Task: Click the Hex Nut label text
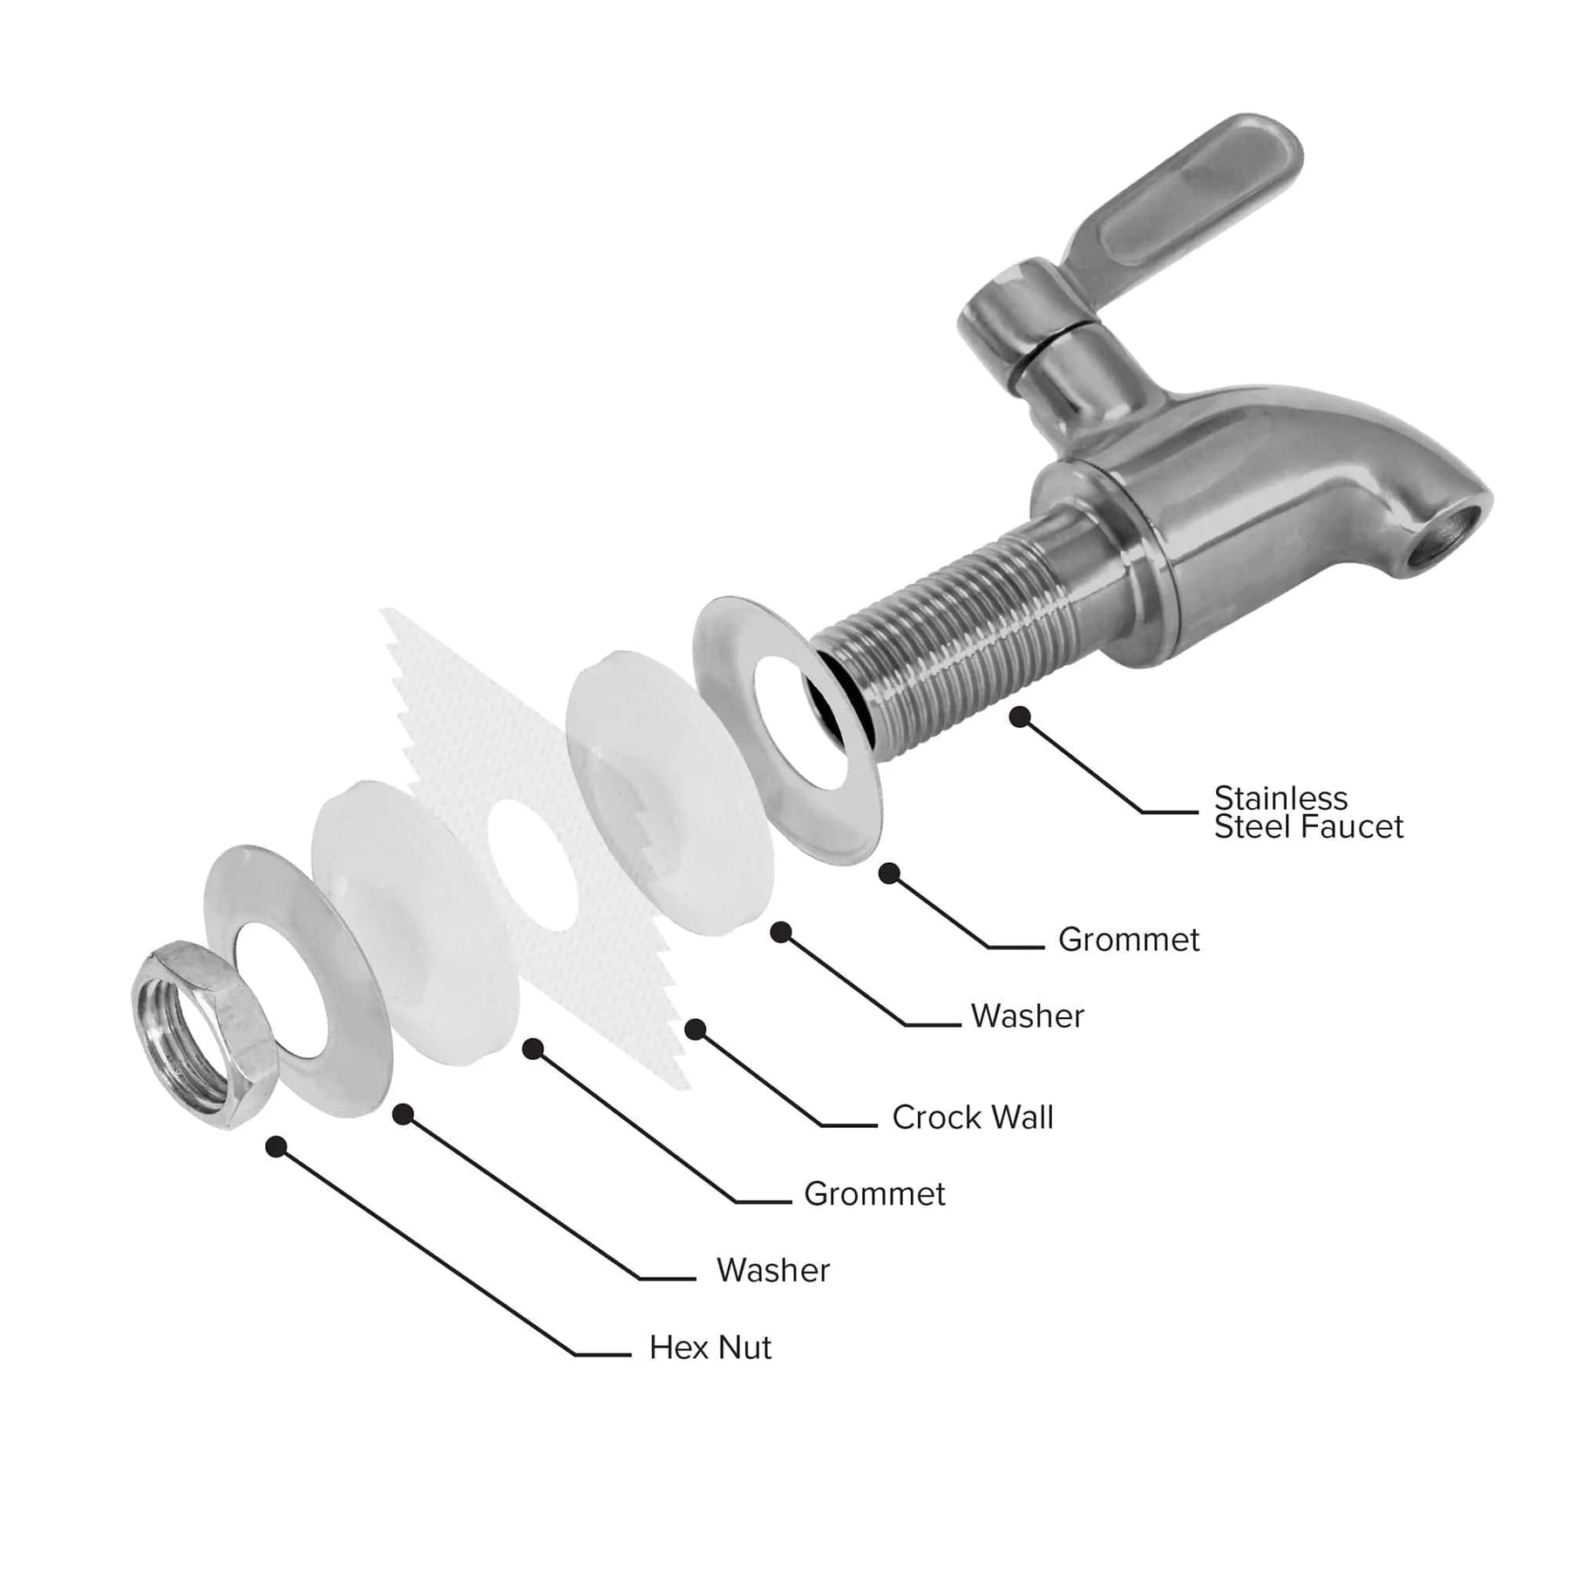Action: point(710,1348)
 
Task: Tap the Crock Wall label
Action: point(972,1117)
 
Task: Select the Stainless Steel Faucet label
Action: point(1307,812)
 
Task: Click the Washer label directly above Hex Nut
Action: point(772,1271)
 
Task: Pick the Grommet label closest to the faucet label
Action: point(1128,940)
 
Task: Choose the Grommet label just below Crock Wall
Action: point(873,1194)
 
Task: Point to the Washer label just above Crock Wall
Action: point(1027,1016)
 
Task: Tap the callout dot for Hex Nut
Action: point(276,1147)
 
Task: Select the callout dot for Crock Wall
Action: point(695,1030)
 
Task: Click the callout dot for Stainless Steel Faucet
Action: point(1019,717)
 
